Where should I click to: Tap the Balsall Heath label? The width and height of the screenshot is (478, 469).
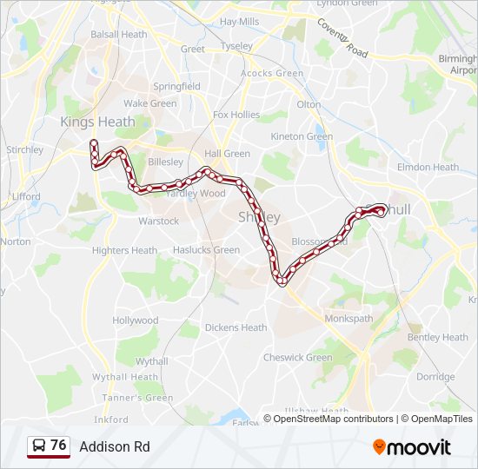[x=119, y=35]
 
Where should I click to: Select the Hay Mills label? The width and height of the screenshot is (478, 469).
[x=240, y=21]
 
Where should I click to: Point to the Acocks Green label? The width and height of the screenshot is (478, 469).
[x=272, y=74]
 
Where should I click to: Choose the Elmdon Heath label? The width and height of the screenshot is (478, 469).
[x=428, y=167]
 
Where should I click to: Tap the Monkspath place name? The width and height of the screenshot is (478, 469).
[x=349, y=319]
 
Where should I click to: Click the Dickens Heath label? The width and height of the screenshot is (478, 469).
[x=236, y=327]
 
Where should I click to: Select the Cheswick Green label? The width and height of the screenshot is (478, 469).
[x=298, y=357]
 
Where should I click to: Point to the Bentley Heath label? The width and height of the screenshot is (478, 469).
[x=437, y=337]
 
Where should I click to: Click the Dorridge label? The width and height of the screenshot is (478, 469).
[x=435, y=377]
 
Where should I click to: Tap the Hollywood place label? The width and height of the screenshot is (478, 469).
[x=136, y=320]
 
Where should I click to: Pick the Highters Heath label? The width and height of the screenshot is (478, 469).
[x=124, y=251]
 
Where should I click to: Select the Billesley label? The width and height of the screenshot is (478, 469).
[x=165, y=162]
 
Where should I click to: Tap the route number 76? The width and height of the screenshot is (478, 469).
[x=58, y=446]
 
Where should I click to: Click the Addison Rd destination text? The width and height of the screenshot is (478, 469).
[x=115, y=446]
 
